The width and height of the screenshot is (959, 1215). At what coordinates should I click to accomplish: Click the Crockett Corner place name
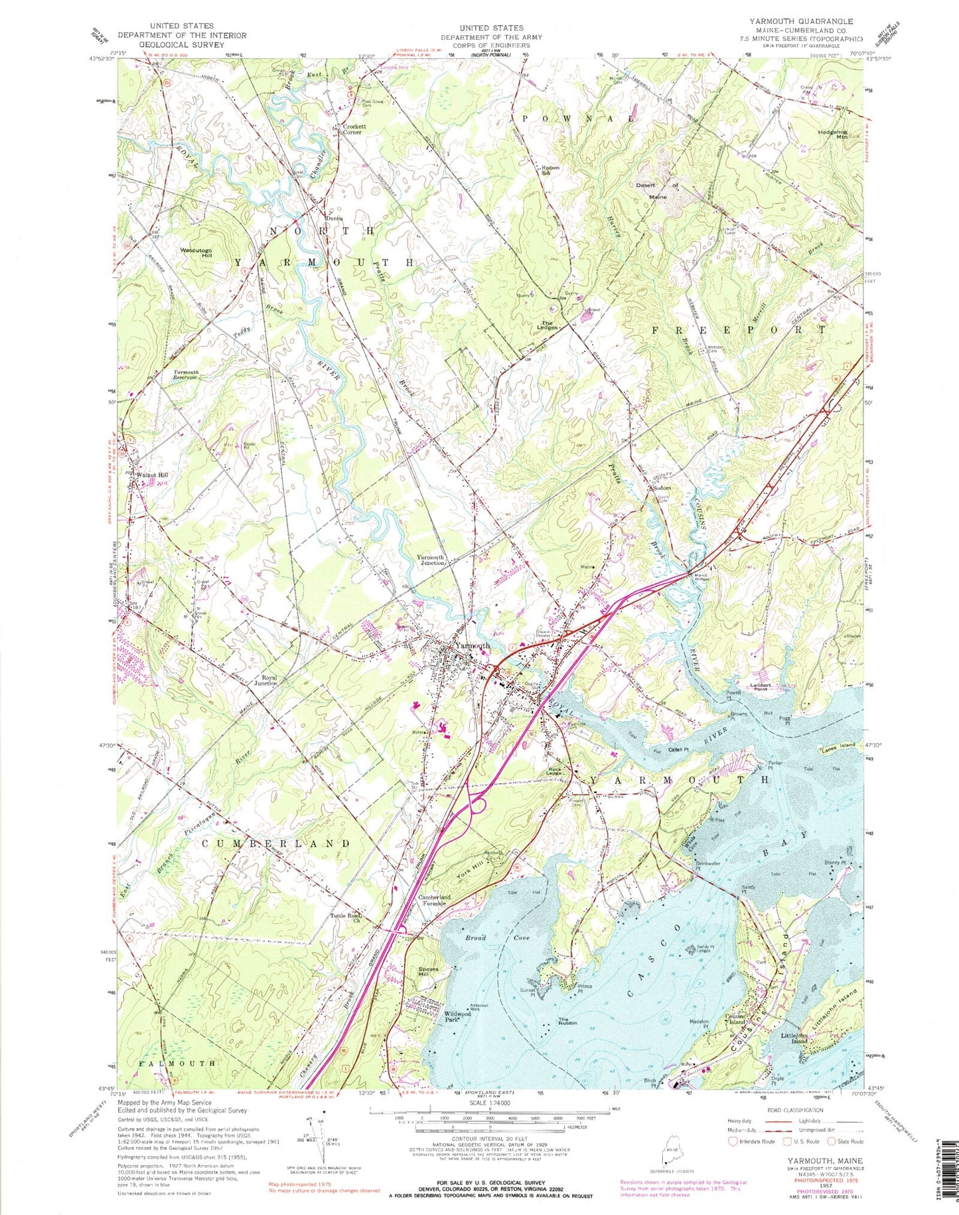tap(352, 129)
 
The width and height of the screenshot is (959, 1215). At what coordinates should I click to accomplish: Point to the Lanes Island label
tap(839, 749)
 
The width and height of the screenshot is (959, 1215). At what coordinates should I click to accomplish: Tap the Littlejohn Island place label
tap(794, 1039)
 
